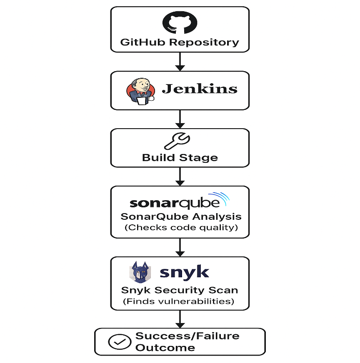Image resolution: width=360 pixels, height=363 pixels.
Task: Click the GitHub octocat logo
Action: pyautogui.click(x=180, y=23)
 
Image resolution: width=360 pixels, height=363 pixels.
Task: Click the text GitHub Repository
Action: pyautogui.click(x=180, y=42)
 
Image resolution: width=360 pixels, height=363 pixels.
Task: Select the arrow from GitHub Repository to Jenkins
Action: pyautogui.click(x=180, y=61)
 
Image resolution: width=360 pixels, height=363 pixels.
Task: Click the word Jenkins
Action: pyautogui.click(x=200, y=89)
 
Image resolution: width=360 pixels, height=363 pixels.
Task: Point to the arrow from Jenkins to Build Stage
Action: pyautogui.click(x=180, y=119)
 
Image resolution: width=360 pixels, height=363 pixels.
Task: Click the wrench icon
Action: pyautogui.click(x=177, y=141)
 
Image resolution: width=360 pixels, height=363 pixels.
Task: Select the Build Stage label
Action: pyautogui.click(x=180, y=158)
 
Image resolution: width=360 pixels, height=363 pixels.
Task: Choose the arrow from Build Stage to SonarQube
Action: pyautogui.click(x=180, y=177)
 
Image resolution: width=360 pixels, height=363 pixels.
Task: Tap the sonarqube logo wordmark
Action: pyautogui.click(x=174, y=203)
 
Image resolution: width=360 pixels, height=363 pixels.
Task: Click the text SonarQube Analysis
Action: pyautogui.click(x=181, y=216)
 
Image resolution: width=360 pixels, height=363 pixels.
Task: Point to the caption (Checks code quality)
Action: pyautogui.click(x=181, y=227)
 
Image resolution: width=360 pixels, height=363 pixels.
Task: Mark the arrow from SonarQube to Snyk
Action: pyautogui.click(x=180, y=247)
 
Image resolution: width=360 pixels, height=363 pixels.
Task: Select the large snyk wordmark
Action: pyautogui.click(x=184, y=272)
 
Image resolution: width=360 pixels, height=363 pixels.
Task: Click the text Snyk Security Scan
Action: pyautogui.click(x=180, y=290)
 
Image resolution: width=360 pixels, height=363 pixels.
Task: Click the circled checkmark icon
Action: pyautogui.click(x=120, y=342)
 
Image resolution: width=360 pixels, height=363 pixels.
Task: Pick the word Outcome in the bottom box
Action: pyautogui.click(x=165, y=348)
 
